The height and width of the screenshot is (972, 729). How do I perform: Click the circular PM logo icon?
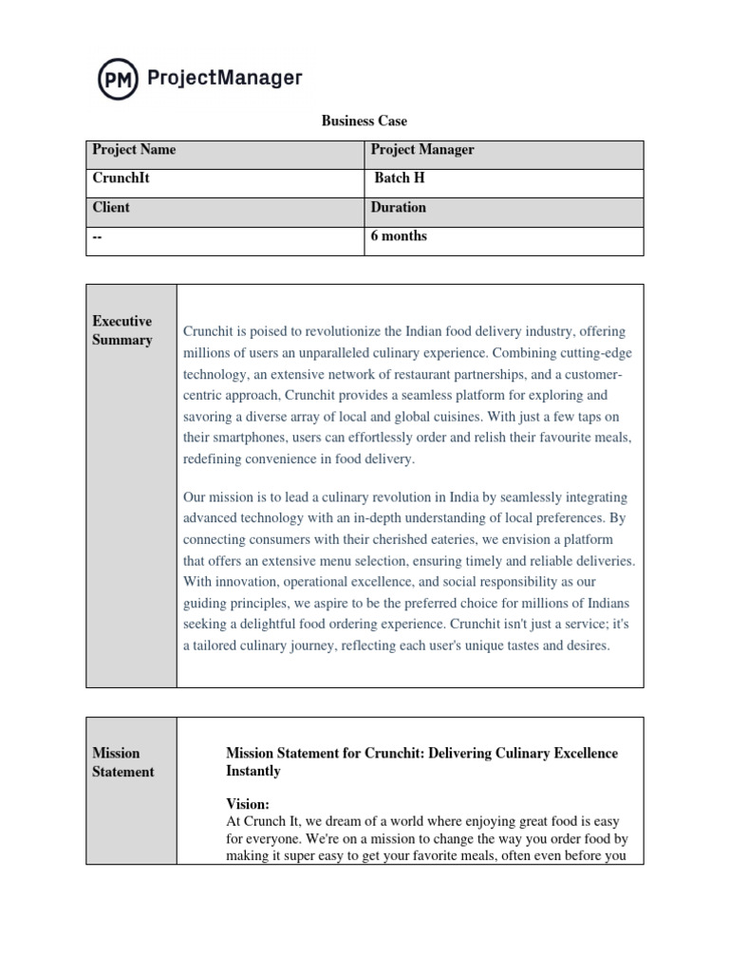119,78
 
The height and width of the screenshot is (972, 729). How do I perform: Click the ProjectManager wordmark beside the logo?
225,78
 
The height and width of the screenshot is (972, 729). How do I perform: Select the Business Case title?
364,121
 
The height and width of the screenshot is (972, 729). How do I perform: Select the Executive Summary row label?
122,330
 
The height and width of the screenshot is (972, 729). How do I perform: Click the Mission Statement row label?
123,762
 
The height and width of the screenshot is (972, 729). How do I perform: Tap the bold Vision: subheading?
248,803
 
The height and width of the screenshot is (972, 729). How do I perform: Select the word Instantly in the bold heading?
253,772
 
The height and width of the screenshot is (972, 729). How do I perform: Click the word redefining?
215,458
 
